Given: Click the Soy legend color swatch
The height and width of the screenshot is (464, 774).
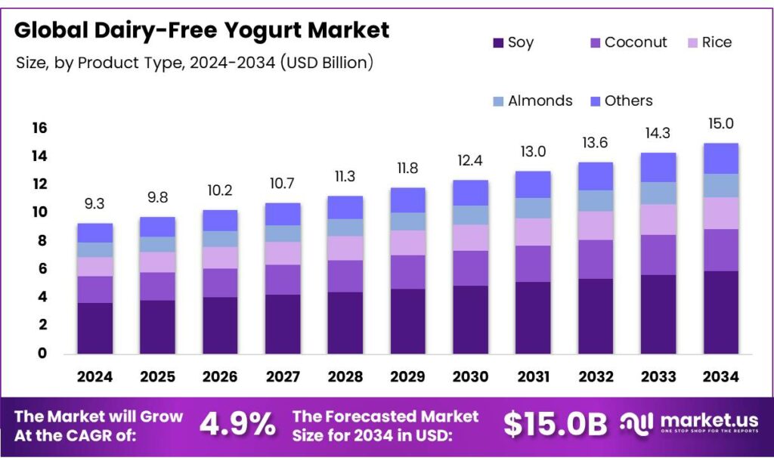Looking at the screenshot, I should pyautogui.click(x=497, y=43).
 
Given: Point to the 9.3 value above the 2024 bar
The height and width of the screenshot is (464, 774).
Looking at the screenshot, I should pyautogui.click(x=94, y=204).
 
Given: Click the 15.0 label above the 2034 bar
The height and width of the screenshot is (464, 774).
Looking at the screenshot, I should pyautogui.click(x=720, y=124).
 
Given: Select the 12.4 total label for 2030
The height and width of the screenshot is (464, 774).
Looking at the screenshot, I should pyautogui.click(x=469, y=161).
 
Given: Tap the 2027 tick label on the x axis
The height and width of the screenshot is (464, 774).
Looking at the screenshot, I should pyautogui.click(x=283, y=376).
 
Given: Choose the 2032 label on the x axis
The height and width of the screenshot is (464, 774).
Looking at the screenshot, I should pyautogui.click(x=595, y=376).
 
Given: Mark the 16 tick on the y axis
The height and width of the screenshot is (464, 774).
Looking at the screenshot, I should pyautogui.click(x=39, y=128).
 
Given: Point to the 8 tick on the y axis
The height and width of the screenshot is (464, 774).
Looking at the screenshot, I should pyautogui.click(x=42, y=241).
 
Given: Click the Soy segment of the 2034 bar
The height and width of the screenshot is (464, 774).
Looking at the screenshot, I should pyautogui.click(x=720, y=312).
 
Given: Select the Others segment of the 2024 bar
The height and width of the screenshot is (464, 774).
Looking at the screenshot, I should pyautogui.click(x=94, y=233).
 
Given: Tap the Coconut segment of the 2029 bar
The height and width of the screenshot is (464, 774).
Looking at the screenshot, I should pyautogui.click(x=407, y=272).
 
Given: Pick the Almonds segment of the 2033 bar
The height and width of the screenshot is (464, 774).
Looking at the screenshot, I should pyautogui.click(x=658, y=193).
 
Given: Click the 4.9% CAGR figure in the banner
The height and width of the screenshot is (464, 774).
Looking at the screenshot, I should pyautogui.click(x=237, y=425).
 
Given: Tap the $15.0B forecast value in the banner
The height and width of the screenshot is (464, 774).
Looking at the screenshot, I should pyautogui.click(x=555, y=425).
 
